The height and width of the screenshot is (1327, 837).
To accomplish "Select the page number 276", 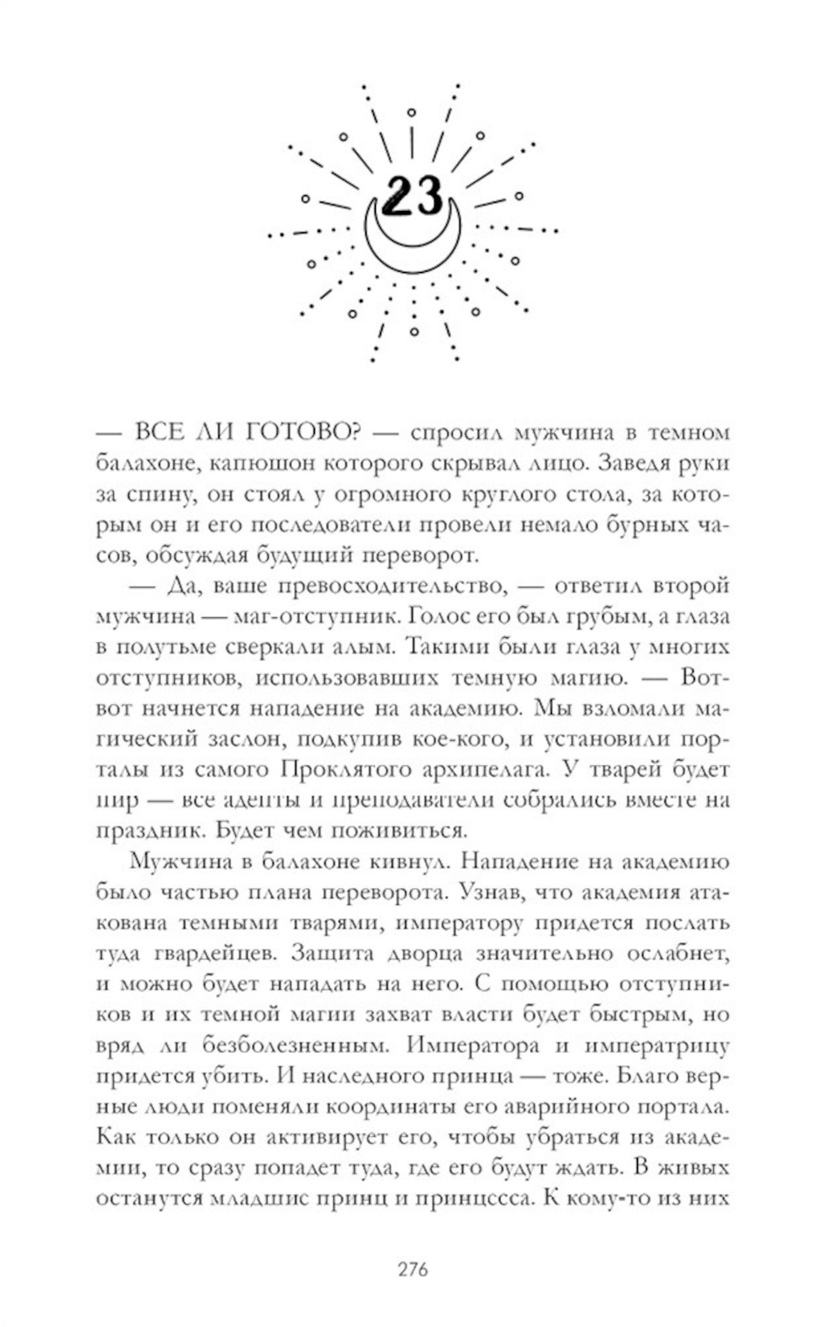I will click(413, 1269).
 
